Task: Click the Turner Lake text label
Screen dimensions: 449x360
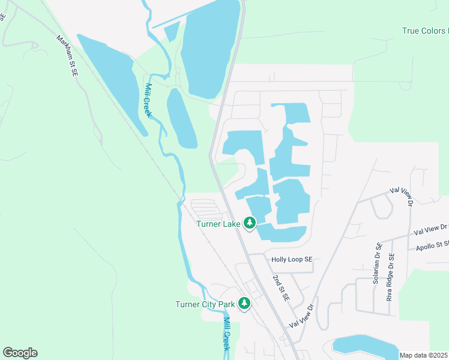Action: tap(218, 224)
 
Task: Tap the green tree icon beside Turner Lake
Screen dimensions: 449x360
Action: tap(250, 223)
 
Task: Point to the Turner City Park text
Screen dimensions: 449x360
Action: tap(205, 304)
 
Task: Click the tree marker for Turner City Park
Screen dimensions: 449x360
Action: tap(244, 304)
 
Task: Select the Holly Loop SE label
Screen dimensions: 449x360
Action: tap(292, 260)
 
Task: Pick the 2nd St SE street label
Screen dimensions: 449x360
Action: tap(281, 289)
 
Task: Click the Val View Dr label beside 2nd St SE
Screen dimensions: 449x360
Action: tap(302, 316)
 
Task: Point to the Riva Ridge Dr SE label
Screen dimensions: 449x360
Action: tap(390, 277)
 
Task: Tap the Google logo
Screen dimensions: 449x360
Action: tap(20, 353)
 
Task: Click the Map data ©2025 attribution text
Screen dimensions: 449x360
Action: tap(423, 355)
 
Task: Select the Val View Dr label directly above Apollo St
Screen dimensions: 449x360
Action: tap(431, 229)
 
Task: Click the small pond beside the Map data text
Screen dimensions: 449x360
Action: tap(365, 347)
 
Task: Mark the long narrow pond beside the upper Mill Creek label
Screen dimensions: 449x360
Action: tap(181, 118)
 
